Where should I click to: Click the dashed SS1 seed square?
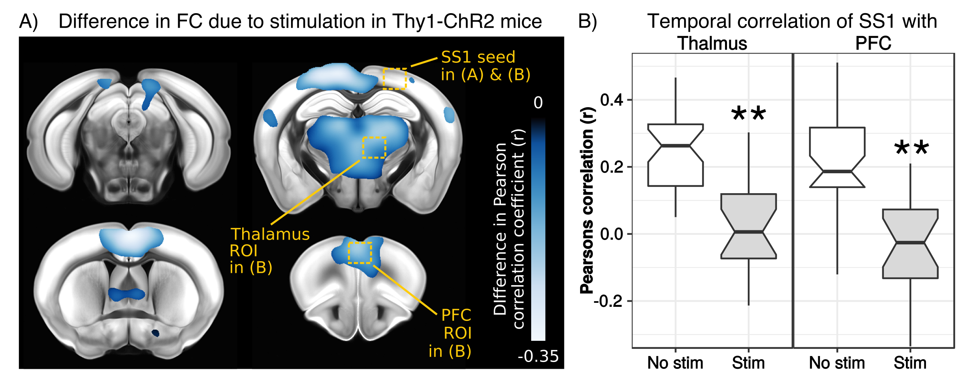click(395, 79)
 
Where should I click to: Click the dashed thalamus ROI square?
click(374, 148)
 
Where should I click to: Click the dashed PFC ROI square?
click(359, 252)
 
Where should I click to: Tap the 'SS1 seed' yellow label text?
click(478, 57)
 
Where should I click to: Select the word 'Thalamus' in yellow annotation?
click(270, 234)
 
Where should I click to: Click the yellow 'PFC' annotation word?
click(456, 315)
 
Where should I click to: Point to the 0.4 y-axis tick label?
click(612, 100)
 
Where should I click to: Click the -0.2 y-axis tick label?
click(608, 301)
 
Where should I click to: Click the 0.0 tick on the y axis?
click(612, 234)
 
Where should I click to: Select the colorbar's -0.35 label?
click(538, 356)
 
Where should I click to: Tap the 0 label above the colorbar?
click(538, 103)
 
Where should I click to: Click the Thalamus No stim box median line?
click(675, 146)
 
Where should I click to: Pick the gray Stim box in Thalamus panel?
click(748, 226)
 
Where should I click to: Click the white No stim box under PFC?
click(837, 157)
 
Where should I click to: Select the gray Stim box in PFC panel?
click(910, 243)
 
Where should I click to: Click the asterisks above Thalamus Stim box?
click(748, 114)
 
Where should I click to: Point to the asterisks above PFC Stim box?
click(911, 148)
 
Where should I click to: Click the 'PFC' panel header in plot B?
click(873, 43)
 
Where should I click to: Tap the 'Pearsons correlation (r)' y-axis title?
click(587, 200)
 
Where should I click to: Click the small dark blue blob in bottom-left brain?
click(155, 333)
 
